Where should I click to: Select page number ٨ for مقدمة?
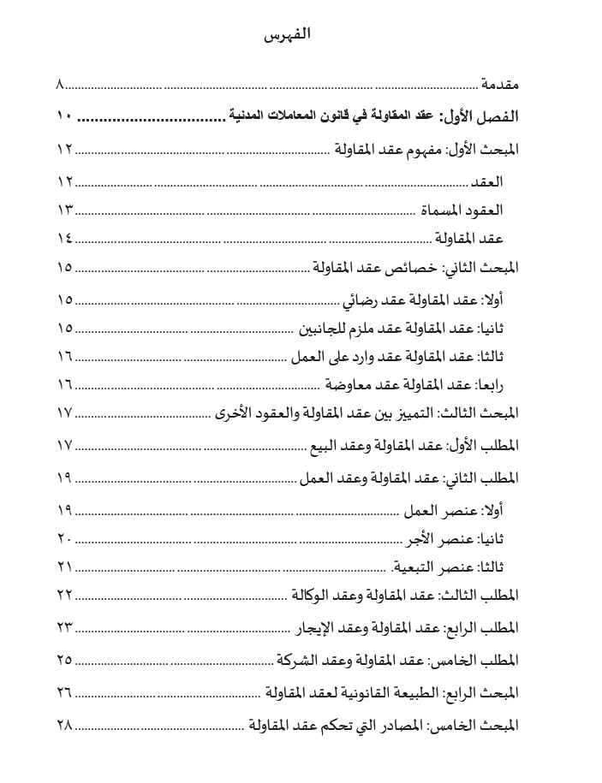(x=61, y=85)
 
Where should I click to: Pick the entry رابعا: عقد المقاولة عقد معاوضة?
(x=414, y=384)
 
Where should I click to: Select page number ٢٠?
(x=65, y=539)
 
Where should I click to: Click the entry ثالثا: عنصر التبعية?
(x=449, y=566)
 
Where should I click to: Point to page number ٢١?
(x=65, y=566)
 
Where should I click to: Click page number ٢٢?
(x=65, y=595)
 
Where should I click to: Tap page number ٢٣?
(x=65, y=628)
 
